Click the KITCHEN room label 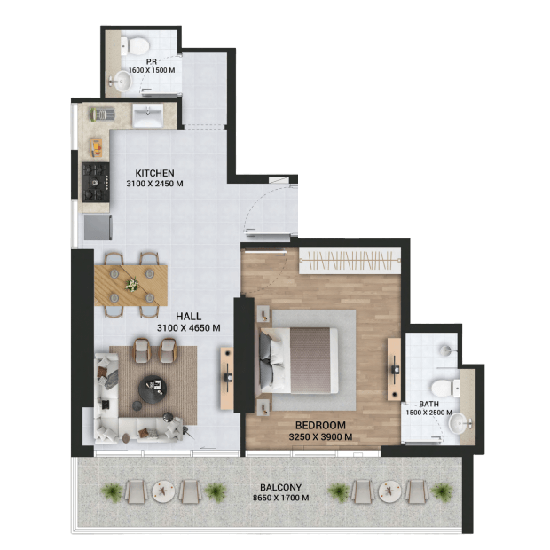(x=154, y=173)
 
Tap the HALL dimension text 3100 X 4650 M (x=189, y=328)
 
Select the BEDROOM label (x=320, y=426)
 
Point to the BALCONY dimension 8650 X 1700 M (x=280, y=498)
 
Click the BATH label (x=428, y=405)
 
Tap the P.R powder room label (x=152, y=62)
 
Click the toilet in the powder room (x=135, y=45)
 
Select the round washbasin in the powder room (x=122, y=81)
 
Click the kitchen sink (x=147, y=115)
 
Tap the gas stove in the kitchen (x=96, y=183)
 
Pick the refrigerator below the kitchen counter (x=98, y=227)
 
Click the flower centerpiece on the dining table (x=132, y=284)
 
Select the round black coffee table (x=152, y=389)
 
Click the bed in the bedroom (x=298, y=360)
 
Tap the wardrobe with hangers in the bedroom (x=350, y=261)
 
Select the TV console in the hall (x=227, y=378)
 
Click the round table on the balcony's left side (x=163, y=490)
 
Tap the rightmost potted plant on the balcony (x=442, y=491)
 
